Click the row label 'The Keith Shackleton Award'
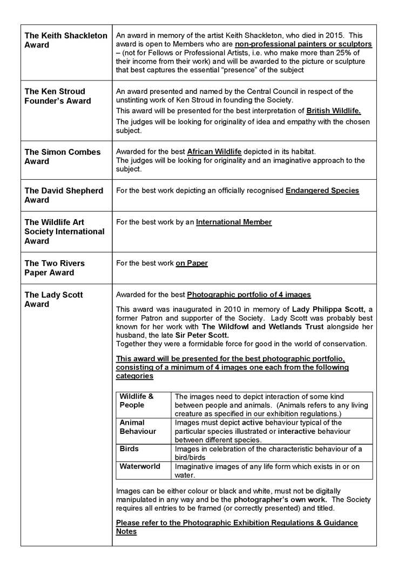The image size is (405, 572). click(66, 40)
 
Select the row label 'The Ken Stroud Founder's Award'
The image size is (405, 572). click(58, 96)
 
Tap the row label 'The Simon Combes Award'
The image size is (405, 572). click(63, 156)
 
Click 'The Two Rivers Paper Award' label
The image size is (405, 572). click(55, 268)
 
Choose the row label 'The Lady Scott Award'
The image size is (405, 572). click(53, 299)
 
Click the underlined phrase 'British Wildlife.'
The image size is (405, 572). click(333, 111)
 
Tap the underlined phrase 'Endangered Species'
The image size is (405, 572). click(322, 190)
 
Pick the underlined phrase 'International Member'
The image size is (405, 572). click(234, 222)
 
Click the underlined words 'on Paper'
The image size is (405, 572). click(192, 263)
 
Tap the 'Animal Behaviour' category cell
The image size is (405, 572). click(138, 427)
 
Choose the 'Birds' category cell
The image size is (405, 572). click(129, 449)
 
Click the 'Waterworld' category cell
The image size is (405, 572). click(139, 466)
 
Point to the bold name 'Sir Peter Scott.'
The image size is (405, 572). click(202, 335)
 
